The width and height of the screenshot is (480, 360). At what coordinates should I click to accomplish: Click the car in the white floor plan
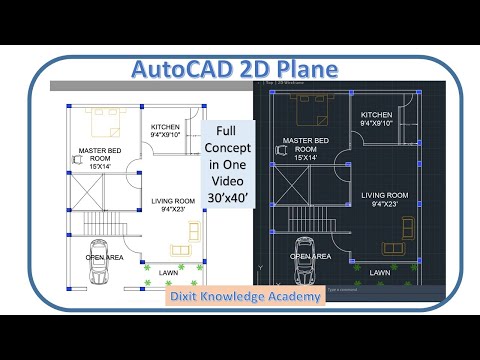pyautogui.click(x=98, y=257)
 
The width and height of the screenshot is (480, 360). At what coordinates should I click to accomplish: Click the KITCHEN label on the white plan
pyautogui.click(x=166, y=128)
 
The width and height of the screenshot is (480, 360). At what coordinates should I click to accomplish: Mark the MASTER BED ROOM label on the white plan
pyautogui.click(x=99, y=158)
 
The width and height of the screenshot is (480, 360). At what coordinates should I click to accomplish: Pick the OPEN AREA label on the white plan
pyautogui.click(x=104, y=257)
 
